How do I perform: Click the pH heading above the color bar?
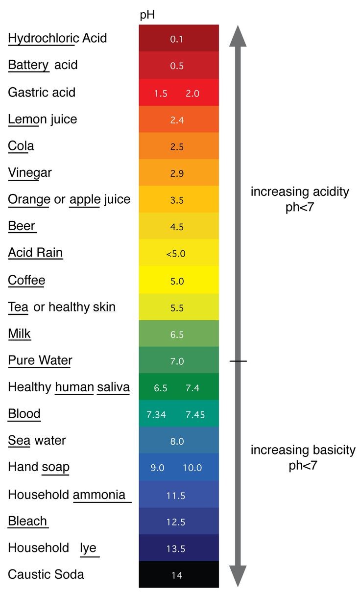147,15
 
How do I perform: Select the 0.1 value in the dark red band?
176,39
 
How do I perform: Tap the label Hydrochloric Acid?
57,38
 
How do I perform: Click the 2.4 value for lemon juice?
176,120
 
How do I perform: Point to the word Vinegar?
30,172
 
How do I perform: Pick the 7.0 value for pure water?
176,361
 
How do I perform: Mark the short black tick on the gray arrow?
238,361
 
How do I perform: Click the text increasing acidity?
300,191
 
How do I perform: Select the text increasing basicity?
303,450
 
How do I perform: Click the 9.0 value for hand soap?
157,468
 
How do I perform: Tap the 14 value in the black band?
177,575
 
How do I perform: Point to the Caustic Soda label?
46,574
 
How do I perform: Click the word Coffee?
26,280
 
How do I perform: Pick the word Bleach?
27,521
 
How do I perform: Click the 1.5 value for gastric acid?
161,94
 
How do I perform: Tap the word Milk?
20,334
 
